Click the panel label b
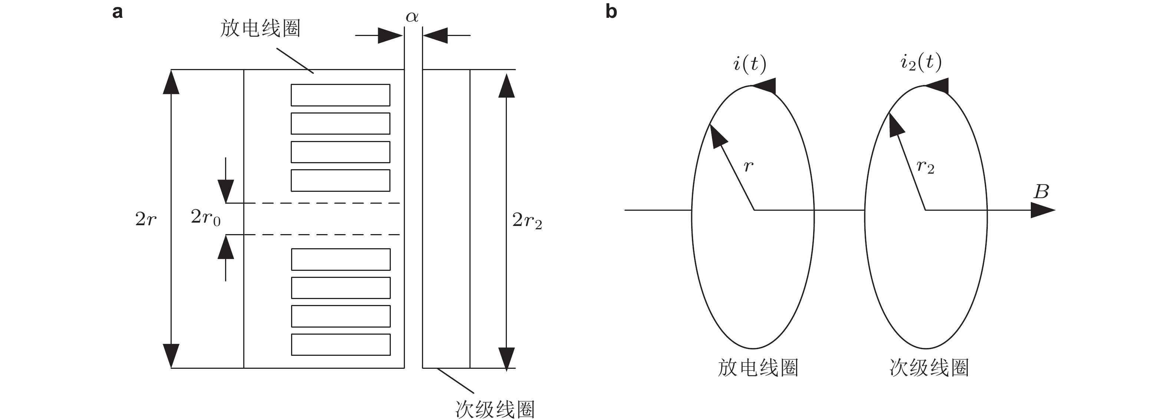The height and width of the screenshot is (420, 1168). pos(611,12)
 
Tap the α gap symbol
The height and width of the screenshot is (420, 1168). pos(412,17)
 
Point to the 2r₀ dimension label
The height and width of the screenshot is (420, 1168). pos(205,218)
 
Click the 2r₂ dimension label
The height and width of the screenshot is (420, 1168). pos(527,221)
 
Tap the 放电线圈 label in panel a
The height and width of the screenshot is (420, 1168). pos(260,29)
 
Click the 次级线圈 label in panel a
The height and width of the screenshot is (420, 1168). pos(495,410)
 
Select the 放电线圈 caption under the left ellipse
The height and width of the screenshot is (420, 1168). pos(758,368)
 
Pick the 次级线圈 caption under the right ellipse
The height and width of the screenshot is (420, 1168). pos(929,368)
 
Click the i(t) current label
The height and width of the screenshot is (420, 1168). pos(749,64)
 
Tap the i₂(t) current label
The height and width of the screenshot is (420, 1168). pos(921,62)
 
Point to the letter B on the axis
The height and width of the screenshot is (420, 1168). pos(1041,192)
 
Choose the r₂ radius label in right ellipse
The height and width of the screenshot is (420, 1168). pos(925,167)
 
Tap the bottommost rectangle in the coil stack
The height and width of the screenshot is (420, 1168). pos(340,345)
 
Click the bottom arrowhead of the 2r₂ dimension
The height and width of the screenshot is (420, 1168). pos(507,358)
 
